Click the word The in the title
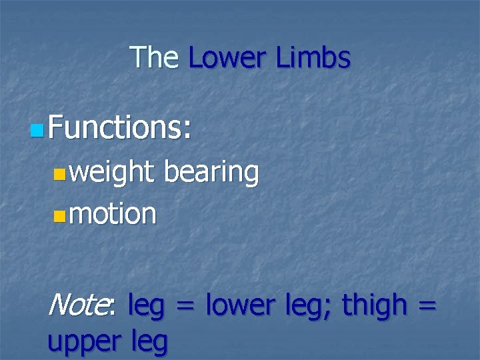pos(154,57)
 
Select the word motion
pos(113,214)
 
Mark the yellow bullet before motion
pos(60,215)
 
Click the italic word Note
pos(77,305)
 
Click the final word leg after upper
pos(149,343)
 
